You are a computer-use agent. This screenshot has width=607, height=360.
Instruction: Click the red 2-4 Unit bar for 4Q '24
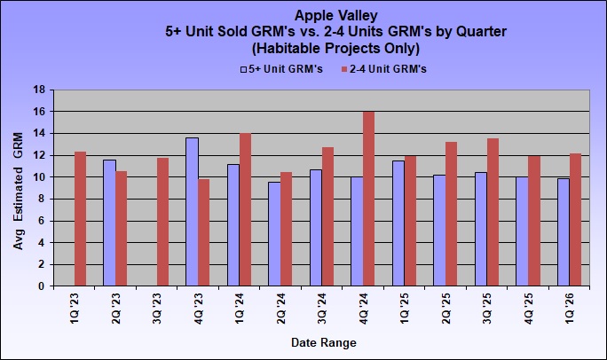(369, 199)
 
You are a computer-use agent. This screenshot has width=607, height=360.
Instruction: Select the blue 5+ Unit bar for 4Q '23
(192, 212)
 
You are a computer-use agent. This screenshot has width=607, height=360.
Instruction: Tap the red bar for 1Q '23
(80, 219)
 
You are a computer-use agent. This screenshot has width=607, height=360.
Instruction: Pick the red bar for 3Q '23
(162, 222)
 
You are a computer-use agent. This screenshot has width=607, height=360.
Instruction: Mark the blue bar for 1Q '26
(563, 232)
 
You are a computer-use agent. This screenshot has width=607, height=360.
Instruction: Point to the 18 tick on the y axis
(39, 90)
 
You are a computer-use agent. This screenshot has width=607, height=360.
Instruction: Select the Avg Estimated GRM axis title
(19, 187)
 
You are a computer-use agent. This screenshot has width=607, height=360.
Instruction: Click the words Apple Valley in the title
(336, 16)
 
